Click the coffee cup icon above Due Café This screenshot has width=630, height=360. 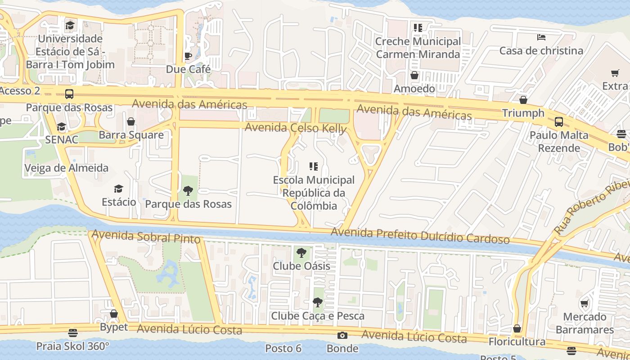click(x=188, y=56)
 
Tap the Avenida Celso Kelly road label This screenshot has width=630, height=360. click(x=296, y=128)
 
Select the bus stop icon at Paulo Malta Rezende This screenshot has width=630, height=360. click(x=558, y=121)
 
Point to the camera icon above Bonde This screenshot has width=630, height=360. click(x=342, y=335)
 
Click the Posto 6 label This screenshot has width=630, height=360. click(x=283, y=348)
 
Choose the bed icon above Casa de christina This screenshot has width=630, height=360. click(x=541, y=37)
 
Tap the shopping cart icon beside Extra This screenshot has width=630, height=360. click(x=615, y=73)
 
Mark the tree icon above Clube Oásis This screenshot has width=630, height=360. click(x=301, y=253)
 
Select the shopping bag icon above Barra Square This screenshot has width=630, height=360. click(x=131, y=121)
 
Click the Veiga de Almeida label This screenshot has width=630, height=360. click(x=66, y=168)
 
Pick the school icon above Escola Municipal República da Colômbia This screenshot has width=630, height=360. click(x=314, y=167)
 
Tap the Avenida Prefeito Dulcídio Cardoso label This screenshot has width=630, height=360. click(x=420, y=235)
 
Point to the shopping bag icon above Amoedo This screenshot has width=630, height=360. click(x=414, y=75)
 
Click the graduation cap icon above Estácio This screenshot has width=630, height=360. click(x=118, y=189)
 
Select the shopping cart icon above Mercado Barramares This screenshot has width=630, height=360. click(x=584, y=304)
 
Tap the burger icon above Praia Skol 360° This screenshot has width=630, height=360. click(x=73, y=333)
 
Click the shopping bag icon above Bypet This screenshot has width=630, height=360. click(x=114, y=314)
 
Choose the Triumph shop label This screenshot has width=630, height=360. click(x=523, y=113)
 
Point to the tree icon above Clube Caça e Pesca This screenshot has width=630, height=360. click(x=317, y=302)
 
